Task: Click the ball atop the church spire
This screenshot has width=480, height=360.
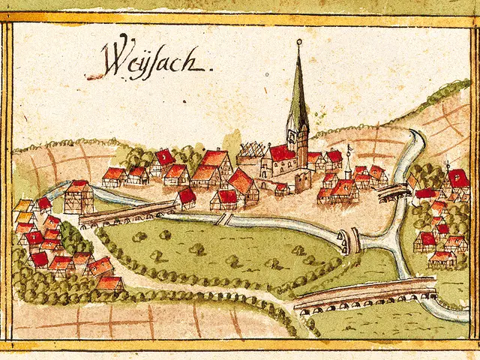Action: [x=298, y=41]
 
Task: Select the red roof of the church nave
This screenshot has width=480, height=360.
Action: [x=282, y=153]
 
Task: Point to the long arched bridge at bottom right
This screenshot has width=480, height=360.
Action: [x=366, y=295]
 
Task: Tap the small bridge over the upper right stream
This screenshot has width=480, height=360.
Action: [x=393, y=193]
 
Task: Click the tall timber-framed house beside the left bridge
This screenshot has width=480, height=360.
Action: [x=78, y=196]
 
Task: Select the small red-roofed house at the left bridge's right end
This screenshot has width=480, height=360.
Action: [x=185, y=198]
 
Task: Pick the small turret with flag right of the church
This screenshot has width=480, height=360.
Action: [x=348, y=163]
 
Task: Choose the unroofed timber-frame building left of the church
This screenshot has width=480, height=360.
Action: [x=250, y=154]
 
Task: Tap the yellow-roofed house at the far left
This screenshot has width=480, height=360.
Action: [x=23, y=205]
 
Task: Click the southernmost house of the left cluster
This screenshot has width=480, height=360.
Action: [x=109, y=283]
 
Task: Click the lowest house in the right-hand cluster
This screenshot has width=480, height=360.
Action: [x=442, y=258]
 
